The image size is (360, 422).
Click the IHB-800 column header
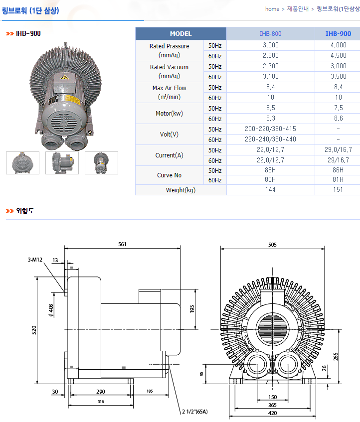coord(270,34)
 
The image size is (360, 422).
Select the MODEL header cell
coord(180,34)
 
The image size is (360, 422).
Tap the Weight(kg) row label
coord(180,190)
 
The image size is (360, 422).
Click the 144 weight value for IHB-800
coord(270,190)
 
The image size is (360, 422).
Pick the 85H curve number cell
coord(270,170)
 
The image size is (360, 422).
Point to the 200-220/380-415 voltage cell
coord(270,129)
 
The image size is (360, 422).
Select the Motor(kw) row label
coord(169,114)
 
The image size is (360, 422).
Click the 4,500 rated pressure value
coord(339,55)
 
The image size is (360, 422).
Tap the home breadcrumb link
coord(272,9)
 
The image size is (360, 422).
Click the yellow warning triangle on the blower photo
coord(65,78)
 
